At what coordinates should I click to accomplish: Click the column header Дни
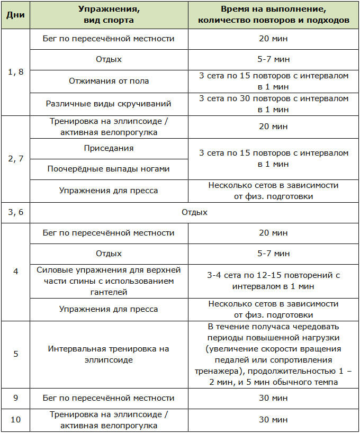pos(15,15)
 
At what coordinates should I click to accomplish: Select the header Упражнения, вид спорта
pos(109,15)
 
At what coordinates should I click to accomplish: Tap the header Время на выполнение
pos(273,15)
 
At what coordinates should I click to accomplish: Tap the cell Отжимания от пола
pos(109,81)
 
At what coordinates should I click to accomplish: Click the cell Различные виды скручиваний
pos(109,104)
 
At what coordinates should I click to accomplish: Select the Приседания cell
pos(109,149)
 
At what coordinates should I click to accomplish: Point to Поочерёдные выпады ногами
pos(109,169)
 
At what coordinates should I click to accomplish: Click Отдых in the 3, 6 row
pos(194,212)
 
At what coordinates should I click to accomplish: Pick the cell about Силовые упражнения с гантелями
pos(109,281)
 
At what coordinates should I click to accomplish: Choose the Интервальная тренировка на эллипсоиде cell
pos(109,354)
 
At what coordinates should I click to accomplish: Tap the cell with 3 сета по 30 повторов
pos(273,104)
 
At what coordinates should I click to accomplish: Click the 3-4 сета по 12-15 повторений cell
pos(273,281)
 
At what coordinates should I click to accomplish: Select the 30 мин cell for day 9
pos(273,398)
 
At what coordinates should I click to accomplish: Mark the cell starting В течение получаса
pos(273,354)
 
